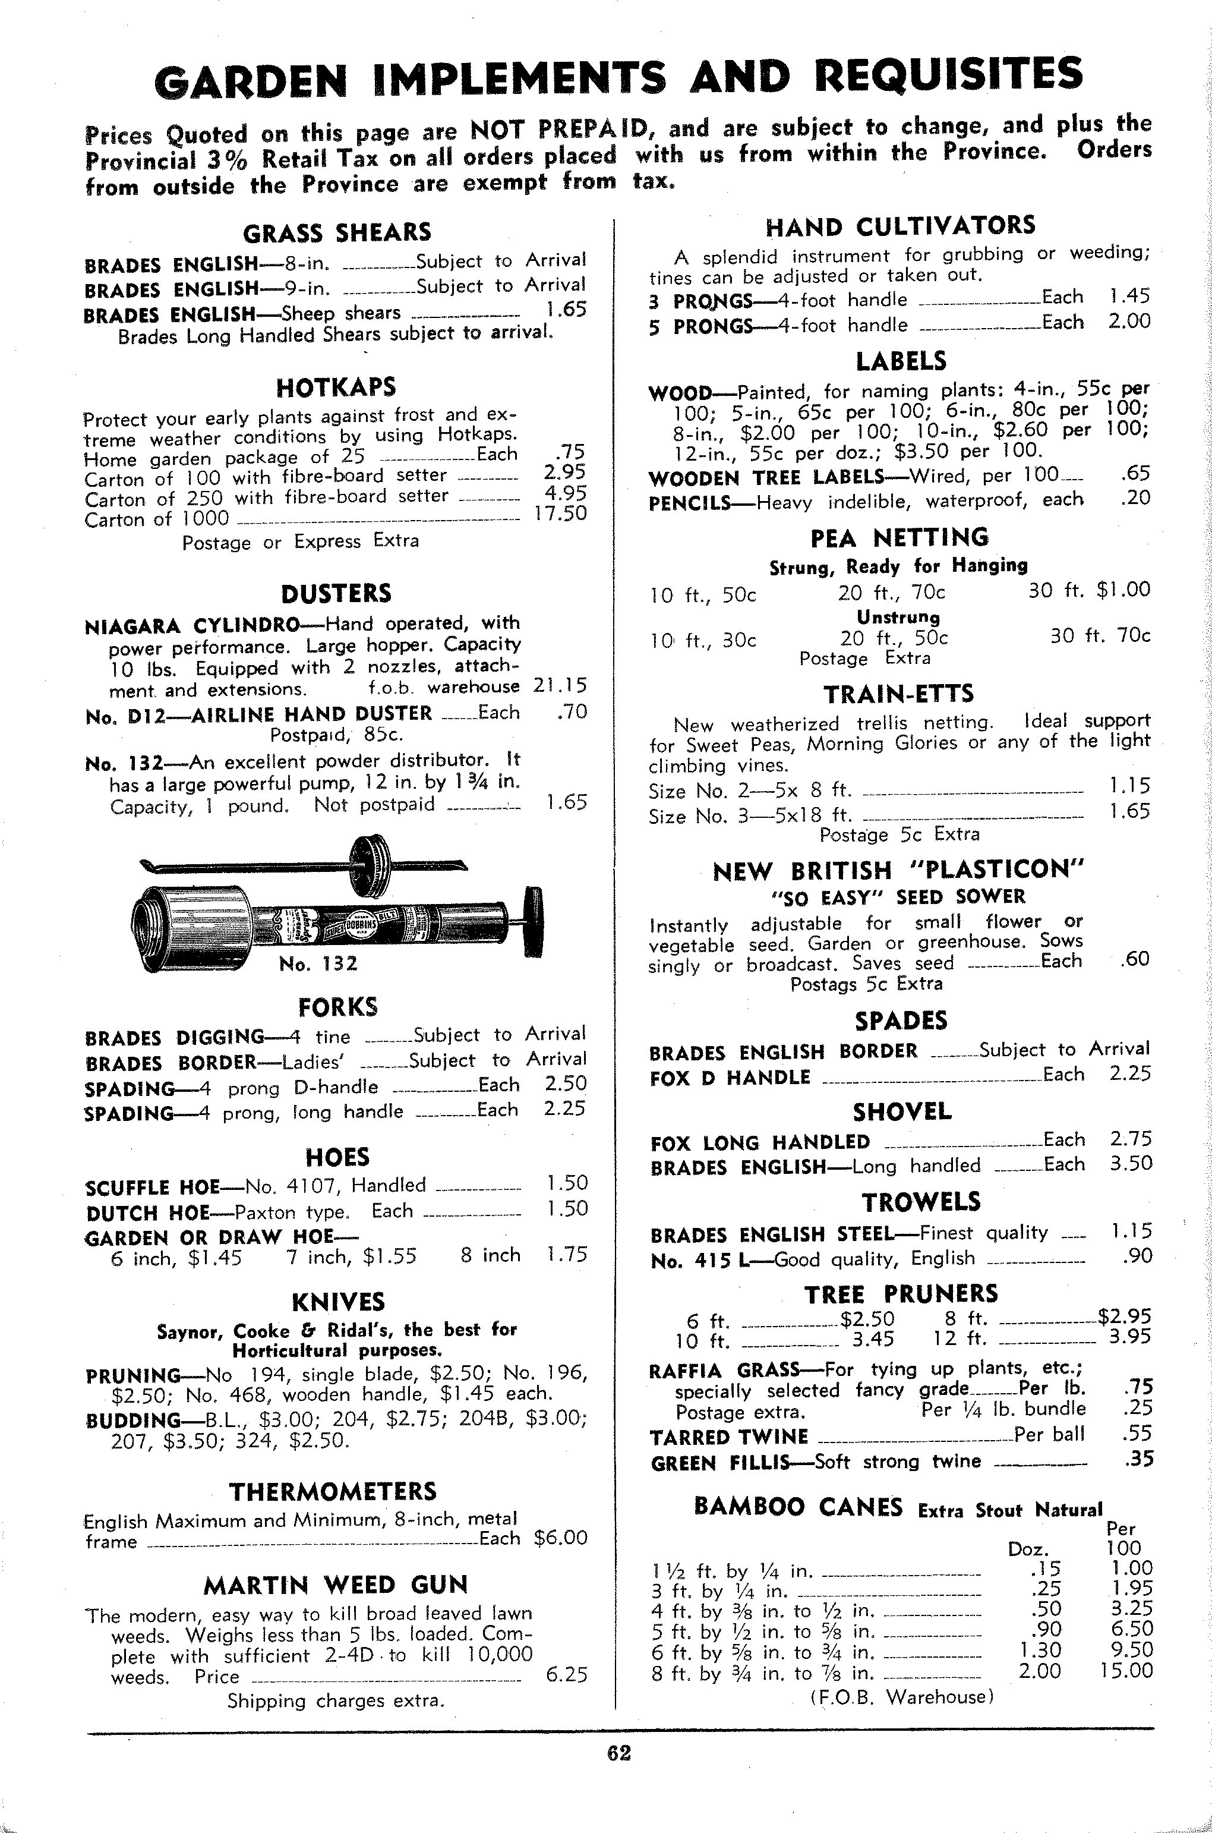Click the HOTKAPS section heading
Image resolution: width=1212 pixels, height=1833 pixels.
point(336,386)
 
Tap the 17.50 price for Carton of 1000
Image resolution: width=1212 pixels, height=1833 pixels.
point(560,514)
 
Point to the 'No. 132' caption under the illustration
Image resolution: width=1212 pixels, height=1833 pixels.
point(318,963)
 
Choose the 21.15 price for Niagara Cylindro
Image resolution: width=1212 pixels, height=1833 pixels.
point(560,686)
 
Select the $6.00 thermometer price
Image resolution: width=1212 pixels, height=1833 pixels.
point(560,1538)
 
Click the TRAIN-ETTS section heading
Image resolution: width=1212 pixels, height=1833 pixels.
point(899,694)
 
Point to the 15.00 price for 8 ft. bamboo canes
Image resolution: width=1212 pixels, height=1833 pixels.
point(1126,1671)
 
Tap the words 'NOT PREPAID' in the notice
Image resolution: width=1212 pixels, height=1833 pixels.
point(563,129)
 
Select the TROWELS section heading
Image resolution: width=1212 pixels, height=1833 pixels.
point(921,1202)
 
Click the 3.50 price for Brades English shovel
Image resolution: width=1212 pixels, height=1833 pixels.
point(1131,1164)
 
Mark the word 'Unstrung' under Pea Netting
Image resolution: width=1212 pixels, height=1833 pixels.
point(898,617)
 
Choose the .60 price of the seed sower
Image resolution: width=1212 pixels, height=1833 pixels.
point(1135,959)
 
